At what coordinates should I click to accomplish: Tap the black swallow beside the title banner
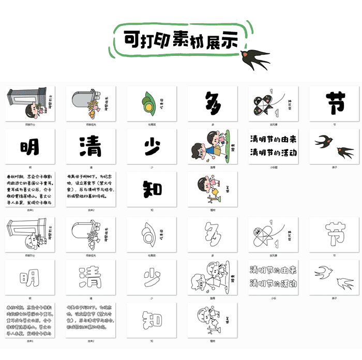(x=256, y=58)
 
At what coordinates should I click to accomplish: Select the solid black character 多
(x=213, y=103)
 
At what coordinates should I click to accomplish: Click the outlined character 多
(x=213, y=235)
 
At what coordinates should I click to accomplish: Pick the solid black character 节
(x=335, y=103)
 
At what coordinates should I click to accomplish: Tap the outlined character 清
(x=90, y=277)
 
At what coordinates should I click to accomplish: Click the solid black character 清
(x=90, y=147)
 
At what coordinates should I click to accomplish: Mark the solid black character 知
(x=152, y=189)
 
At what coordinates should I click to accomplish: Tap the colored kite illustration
(x=265, y=103)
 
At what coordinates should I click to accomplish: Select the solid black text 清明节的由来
(x=273, y=140)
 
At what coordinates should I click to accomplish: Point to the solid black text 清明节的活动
(x=273, y=153)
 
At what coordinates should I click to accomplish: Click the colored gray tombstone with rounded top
(x=83, y=101)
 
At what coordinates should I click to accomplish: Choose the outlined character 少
(x=152, y=278)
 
